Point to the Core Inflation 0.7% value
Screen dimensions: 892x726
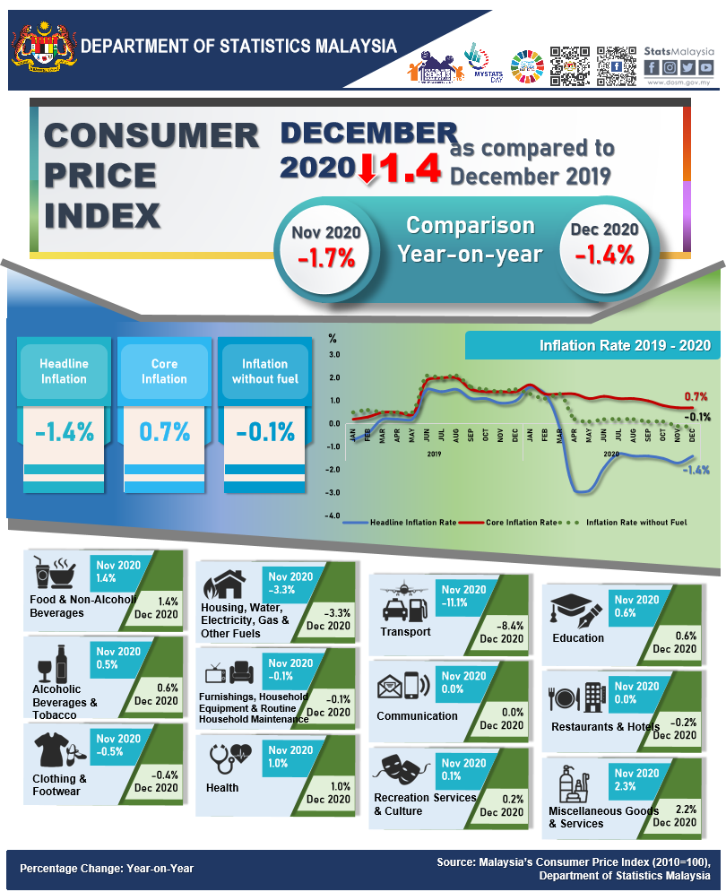(164, 432)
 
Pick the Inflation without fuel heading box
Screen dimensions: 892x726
(264, 371)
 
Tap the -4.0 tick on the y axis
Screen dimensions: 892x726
(333, 516)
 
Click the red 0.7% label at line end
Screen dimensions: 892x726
(696, 396)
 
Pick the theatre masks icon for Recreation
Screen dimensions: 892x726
(402, 768)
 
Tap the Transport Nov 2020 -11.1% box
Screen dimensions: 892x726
(463, 596)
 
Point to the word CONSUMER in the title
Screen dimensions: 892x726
(151, 135)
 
